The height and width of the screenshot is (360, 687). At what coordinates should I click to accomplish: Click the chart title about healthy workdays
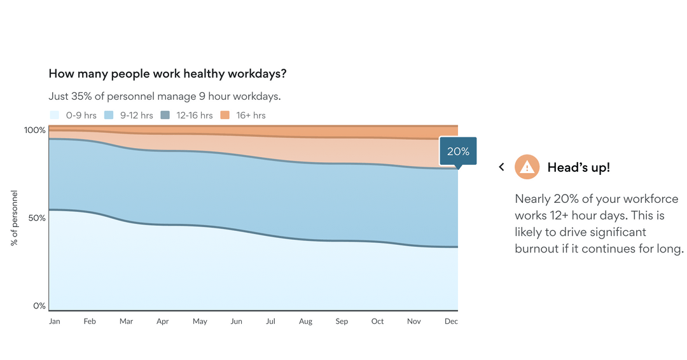pos(167,74)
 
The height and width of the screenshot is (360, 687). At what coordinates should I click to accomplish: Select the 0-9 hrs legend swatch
pos(55,115)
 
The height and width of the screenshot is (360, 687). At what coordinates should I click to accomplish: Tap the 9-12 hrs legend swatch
pos(108,115)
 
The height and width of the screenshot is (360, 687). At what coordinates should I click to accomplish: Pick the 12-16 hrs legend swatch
pos(165,115)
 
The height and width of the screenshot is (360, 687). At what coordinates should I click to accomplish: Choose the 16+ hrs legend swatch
pos(225,115)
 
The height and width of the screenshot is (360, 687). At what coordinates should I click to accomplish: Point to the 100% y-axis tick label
pos(35,130)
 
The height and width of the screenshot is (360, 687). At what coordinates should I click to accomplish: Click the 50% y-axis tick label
pos(38,218)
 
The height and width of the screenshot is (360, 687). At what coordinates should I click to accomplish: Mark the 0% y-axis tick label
pos(39,306)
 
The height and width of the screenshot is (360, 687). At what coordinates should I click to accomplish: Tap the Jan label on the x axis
pos(55,321)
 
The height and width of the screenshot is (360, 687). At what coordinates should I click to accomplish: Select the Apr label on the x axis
pos(163,321)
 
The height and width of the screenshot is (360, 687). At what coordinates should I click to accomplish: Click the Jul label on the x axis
pos(270,321)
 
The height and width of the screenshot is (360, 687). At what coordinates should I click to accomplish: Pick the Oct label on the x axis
pos(378,321)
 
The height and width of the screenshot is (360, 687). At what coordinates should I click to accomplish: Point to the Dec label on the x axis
pos(451,321)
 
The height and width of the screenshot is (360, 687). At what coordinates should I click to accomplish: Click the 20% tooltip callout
pos(458,152)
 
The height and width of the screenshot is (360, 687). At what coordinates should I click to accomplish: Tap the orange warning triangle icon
pos(527,167)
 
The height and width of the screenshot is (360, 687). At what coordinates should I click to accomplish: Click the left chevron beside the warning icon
pos(501,167)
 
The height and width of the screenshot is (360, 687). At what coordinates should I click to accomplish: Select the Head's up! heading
pos(578,167)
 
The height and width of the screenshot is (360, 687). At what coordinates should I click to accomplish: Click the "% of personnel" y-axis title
pos(15,218)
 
